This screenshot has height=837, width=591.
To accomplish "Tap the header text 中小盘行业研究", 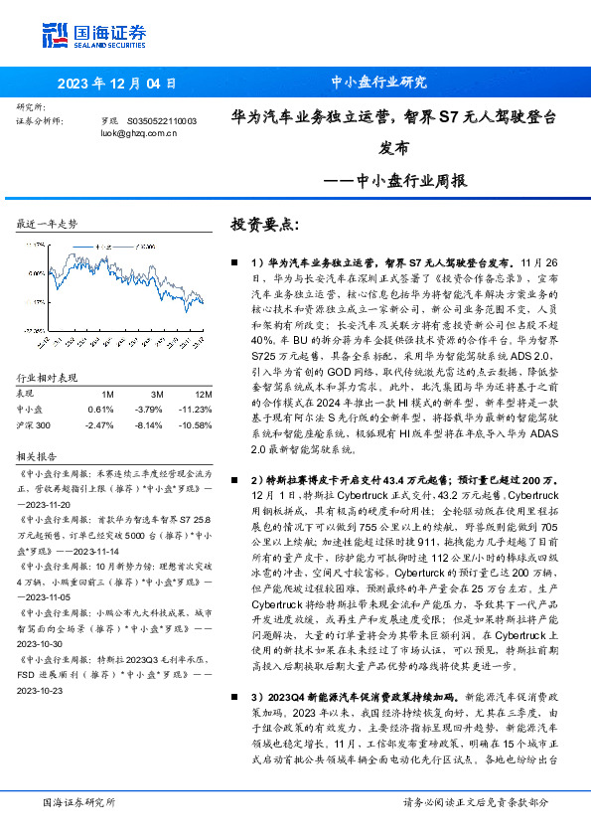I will [377, 83].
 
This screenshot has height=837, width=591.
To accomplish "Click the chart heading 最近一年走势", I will [47, 225].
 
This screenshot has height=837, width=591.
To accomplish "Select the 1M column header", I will [107, 393].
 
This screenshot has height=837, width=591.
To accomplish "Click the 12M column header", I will [204, 393].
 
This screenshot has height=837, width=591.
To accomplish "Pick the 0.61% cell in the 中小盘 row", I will [100, 409].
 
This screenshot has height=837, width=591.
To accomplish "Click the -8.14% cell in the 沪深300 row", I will [149, 424].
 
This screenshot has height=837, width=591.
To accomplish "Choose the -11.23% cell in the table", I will [197, 409].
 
